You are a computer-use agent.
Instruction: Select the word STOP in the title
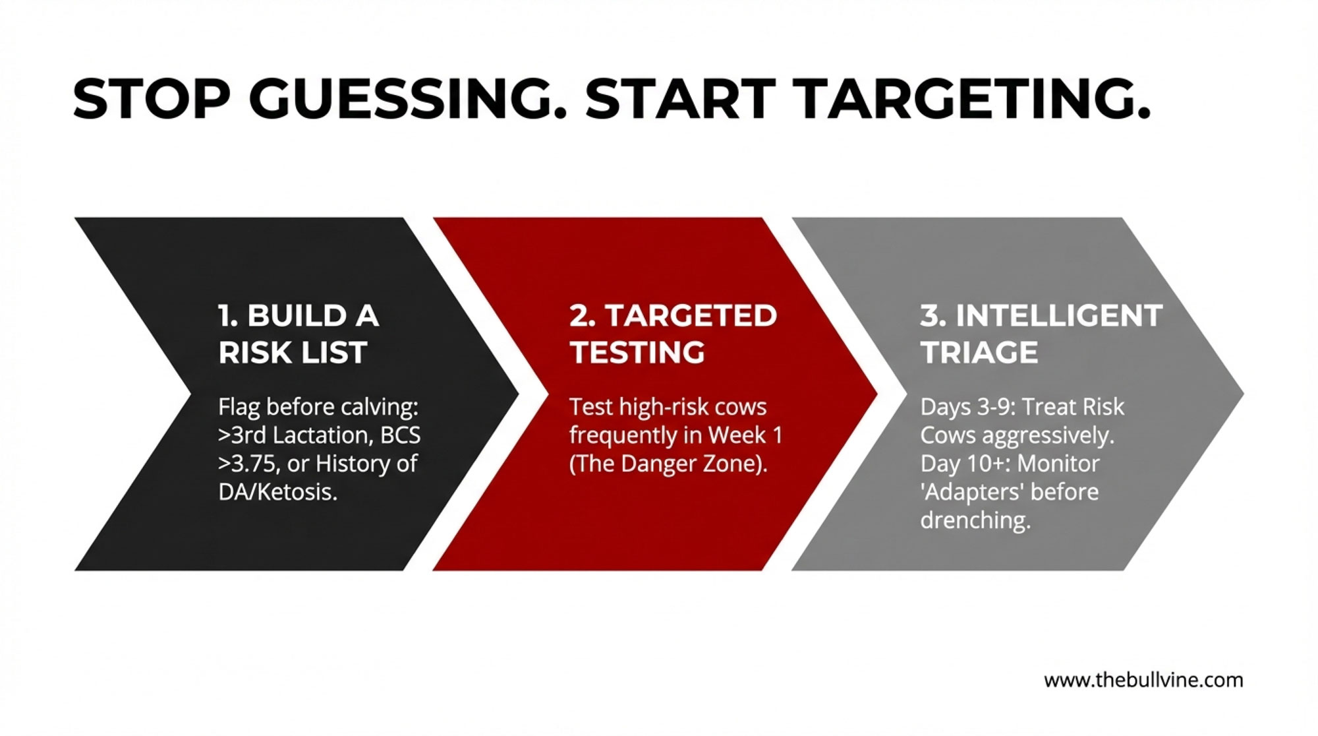(151, 99)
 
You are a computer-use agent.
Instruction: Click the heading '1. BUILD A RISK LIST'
(299, 334)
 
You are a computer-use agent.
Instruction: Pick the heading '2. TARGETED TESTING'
(673, 334)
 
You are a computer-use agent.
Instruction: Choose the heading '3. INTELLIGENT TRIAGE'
(1041, 334)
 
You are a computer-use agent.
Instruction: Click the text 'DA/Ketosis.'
(278, 492)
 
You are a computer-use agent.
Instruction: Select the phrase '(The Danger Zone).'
(668, 464)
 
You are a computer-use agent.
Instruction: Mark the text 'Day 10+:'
(964, 464)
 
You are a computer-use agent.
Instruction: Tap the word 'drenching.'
(975, 520)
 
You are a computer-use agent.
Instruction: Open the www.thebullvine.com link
(1143, 680)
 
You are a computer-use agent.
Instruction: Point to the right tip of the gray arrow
(1244, 394)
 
